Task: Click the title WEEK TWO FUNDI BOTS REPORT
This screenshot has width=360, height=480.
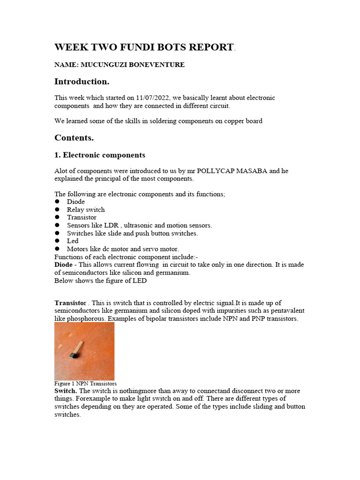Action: [x=144, y=47]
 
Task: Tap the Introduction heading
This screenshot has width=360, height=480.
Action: [x=82, y=82]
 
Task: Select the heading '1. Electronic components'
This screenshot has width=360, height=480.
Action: [x=99, y=155]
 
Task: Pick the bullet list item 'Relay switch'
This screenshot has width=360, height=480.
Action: [x=86, y=210]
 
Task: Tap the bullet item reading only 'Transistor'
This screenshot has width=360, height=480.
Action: [x=82, y=217]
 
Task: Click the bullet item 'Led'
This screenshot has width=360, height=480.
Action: [x=73, y=241]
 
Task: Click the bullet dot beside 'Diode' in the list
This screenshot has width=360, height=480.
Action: [x=57, y=202]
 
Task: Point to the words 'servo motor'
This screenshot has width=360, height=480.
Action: [x=160, y=249]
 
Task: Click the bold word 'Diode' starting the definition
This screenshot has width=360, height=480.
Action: [x=64, y=265]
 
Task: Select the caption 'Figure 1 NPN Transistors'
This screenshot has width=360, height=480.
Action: [x=85, y=383]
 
